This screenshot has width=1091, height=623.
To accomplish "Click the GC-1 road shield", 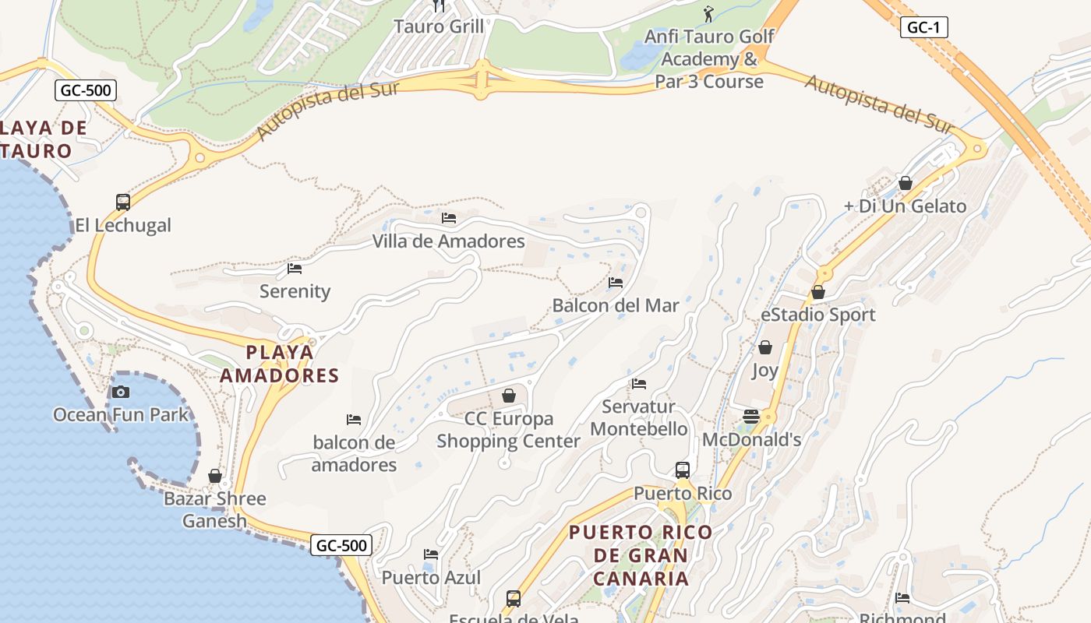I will (x=924, y=27).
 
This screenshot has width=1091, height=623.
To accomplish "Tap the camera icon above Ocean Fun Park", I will (x=121, y=392).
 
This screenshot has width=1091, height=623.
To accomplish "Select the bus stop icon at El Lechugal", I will (x=123, y=202).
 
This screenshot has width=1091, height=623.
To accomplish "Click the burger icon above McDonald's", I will (x=751, y=416).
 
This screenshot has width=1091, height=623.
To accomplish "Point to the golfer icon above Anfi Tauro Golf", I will (x=708, y=14).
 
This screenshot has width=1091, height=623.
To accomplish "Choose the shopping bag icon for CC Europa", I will (x=509, y=396).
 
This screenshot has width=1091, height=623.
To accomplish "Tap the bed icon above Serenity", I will (x=295, y=269).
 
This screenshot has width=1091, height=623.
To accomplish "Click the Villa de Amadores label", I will (x=449, y=241).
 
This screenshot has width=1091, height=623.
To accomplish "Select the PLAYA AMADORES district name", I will (x=280, y=364).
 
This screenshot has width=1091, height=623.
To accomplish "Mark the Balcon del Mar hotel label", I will (x=616, y=305).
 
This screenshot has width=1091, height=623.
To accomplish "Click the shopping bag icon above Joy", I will (x=765, y=347).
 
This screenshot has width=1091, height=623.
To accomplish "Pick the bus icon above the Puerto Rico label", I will (x=683, y=470).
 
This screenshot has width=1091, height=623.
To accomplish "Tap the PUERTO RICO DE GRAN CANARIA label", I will (x=641, y=555).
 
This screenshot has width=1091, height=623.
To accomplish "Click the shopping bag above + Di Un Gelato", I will (x=906, y=183).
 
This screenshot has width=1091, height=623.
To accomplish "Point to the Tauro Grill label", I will (x=439, y=26).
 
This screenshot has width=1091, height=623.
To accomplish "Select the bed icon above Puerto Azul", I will (x=431, y=554).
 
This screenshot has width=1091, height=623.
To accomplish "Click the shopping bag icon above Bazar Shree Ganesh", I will (x=215, y=476).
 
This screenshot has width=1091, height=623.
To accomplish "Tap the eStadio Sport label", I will (x=818, y=315).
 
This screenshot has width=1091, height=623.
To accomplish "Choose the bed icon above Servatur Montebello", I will (x=639, y=383).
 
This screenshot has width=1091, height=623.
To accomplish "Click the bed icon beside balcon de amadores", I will (x=354, y=420).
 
